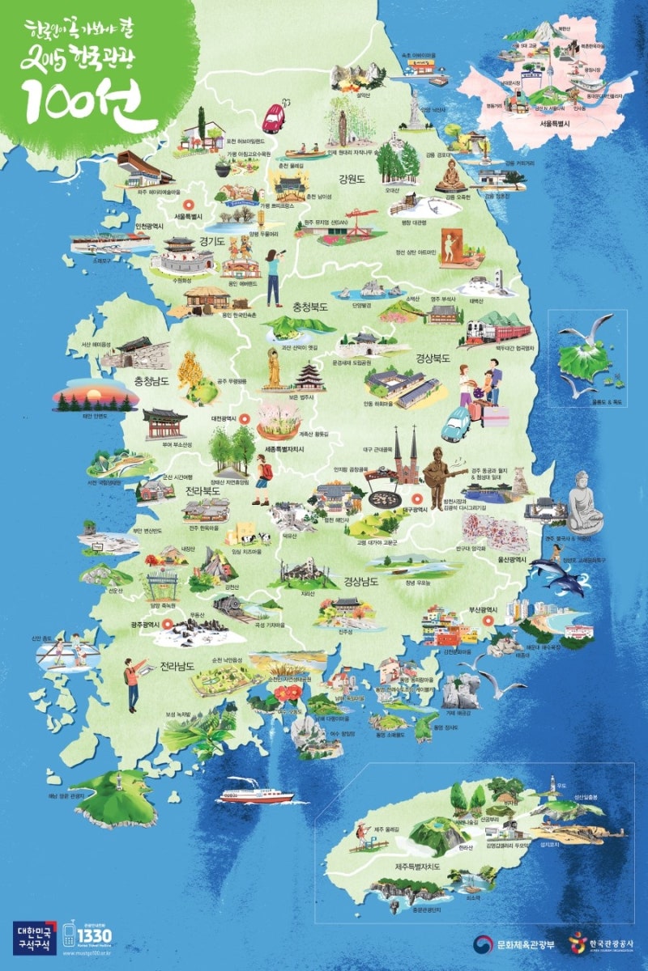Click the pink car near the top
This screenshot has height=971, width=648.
tap(274, 117)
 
